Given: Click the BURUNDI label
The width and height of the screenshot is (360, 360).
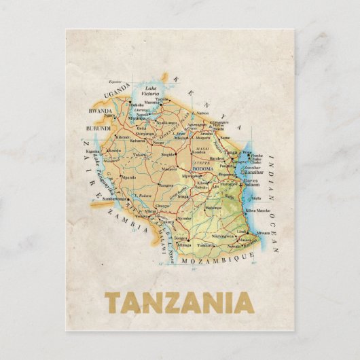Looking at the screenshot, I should tap(98, 128).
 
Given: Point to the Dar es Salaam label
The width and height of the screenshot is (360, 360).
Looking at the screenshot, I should tap(251, 181).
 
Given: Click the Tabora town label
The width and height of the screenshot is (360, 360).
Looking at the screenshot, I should tap(140, 154).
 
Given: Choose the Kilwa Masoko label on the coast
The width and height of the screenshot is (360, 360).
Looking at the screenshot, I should tap(258, 211).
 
